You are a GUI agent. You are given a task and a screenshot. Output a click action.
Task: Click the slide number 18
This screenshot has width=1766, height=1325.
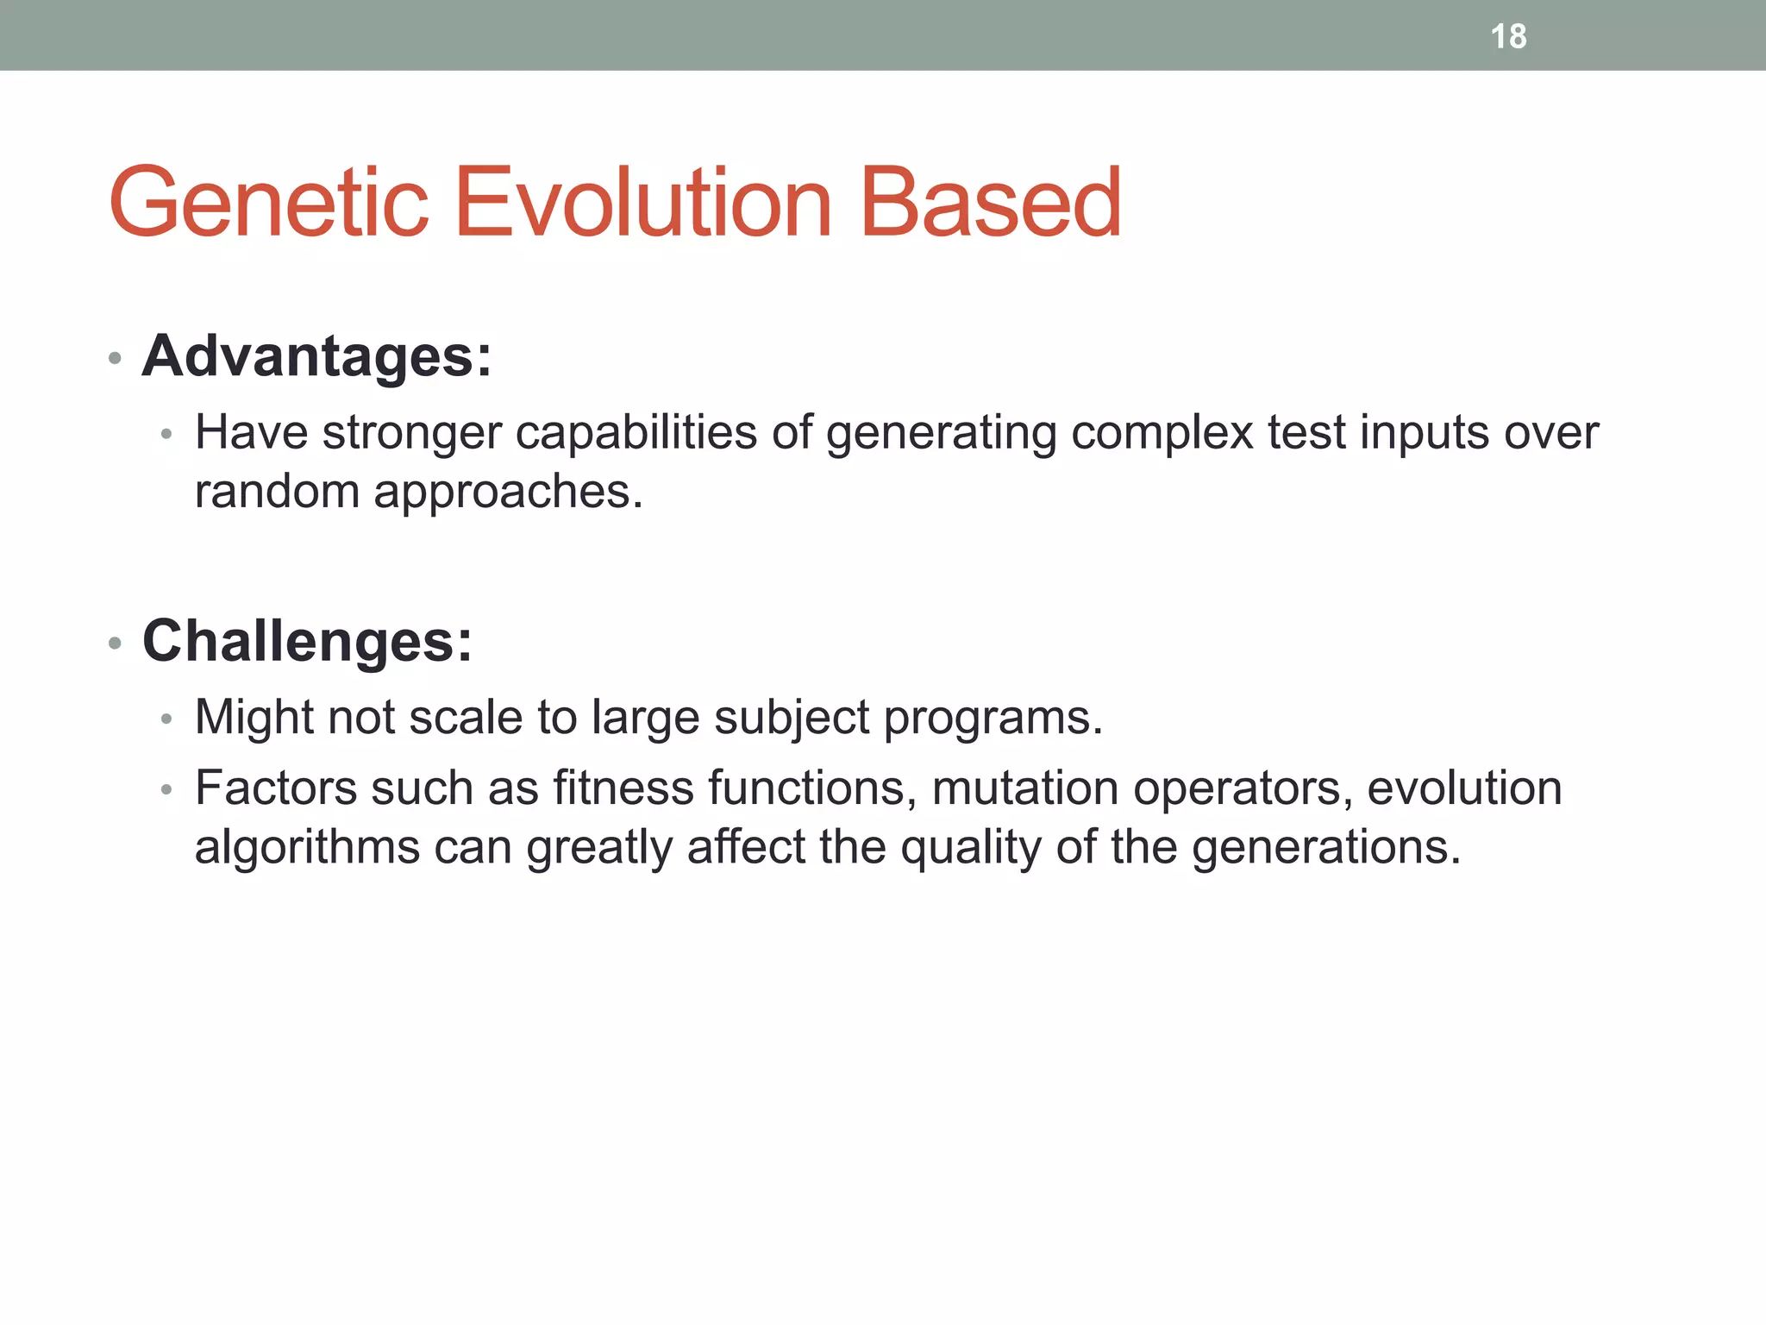point(1508,36)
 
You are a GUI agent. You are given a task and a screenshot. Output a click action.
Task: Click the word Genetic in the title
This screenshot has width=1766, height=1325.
point(268,204)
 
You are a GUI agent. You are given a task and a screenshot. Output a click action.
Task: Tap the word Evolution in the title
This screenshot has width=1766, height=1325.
point(642,204)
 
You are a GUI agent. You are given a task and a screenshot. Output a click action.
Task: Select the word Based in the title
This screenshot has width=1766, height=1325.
point(991,204)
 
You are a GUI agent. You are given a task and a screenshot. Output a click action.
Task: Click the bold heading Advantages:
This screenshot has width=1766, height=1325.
point(316,355)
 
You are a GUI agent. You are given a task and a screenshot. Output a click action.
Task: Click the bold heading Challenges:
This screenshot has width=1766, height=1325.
point(307,641)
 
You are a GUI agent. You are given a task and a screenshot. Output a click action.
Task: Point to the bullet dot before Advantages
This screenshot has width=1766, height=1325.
point(115,358)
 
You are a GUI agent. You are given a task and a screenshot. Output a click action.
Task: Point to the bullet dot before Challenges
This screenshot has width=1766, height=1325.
point(115,644)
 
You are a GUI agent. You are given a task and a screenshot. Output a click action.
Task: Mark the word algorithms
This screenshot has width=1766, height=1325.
point(307,847)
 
